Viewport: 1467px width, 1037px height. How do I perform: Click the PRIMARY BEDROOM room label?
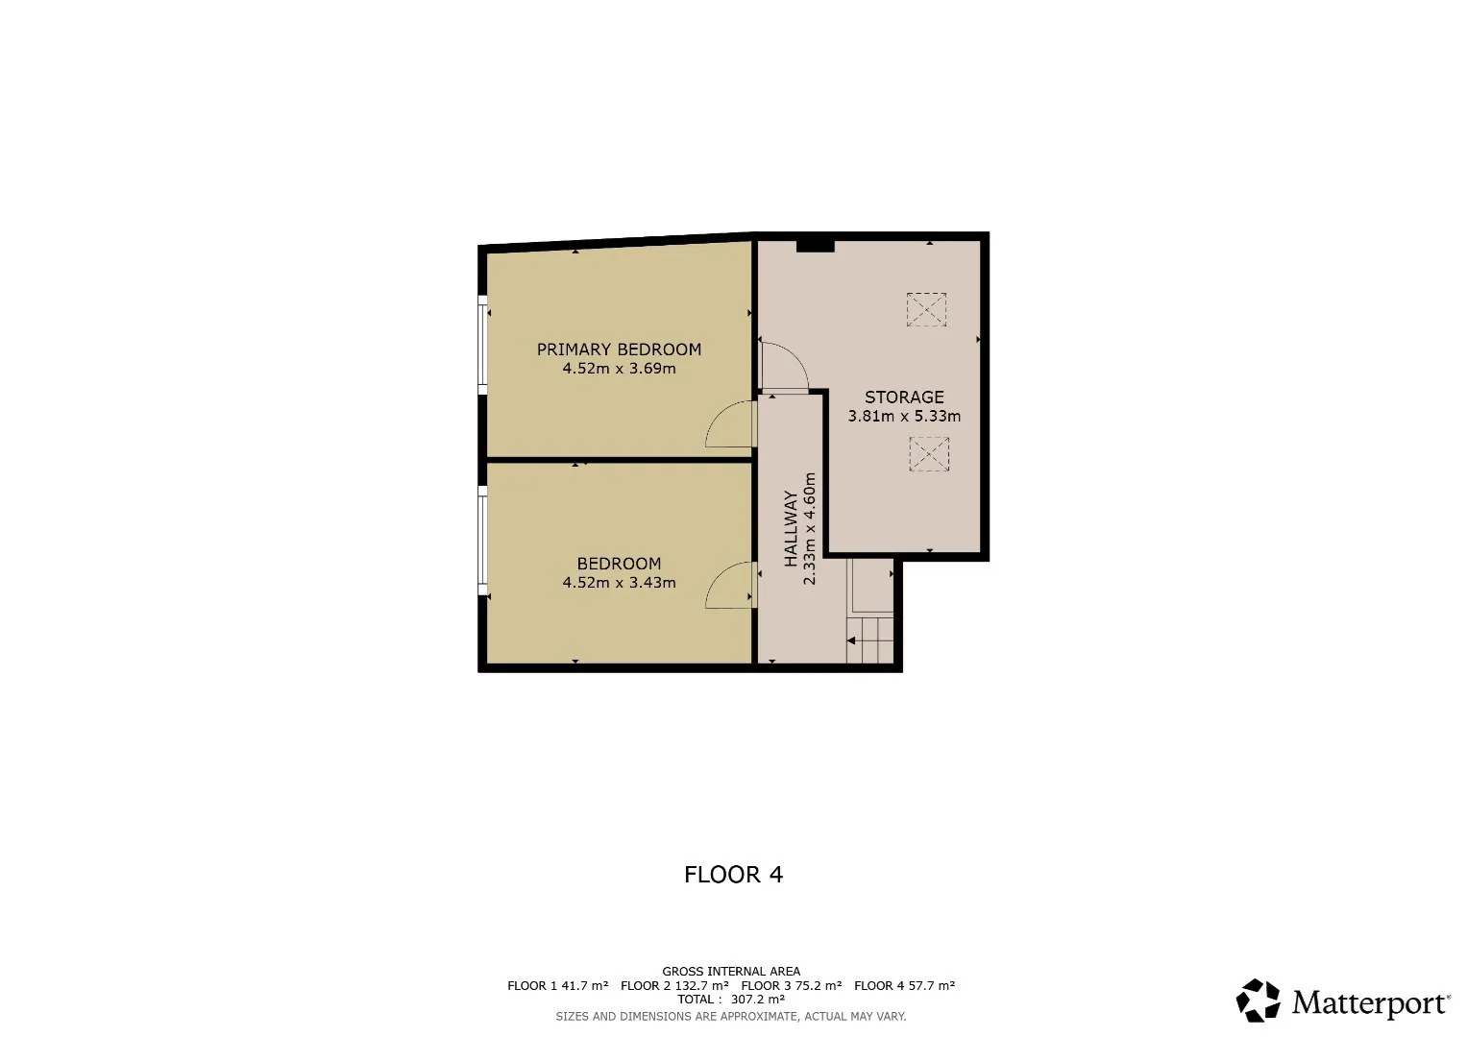(619, 350)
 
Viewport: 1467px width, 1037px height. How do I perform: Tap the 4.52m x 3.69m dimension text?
(619, 369)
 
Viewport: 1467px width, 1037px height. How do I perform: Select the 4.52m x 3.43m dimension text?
(619, 583)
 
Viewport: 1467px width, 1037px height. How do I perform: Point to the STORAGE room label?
(904, 398)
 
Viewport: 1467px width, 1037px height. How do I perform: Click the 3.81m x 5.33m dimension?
(904, 417)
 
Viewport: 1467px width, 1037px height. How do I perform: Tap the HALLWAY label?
(791, 529)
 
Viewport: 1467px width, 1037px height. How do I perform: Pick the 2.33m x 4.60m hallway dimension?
(810, 529)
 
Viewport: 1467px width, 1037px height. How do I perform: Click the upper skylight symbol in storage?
(926, 309)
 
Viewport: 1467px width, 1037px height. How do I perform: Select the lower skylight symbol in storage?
(929, 454)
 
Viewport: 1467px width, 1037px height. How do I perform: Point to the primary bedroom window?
(482, 345)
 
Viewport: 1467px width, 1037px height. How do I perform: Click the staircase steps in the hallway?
(869, 639)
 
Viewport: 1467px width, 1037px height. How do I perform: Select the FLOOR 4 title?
(734, 875)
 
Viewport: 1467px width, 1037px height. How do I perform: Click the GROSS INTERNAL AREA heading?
(731, 972)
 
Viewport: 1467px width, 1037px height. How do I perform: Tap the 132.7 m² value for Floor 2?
(701, 985)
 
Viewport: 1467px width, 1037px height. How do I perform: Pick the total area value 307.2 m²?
(758, 999)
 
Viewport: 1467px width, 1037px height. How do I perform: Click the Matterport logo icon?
(1258, 1001)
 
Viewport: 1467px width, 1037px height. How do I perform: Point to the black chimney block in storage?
(816, 246)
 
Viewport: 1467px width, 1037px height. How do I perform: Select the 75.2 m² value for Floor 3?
(818, 985)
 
